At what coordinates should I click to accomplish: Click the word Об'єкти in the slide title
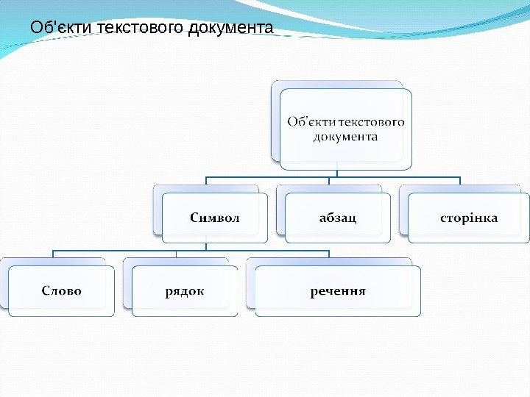pyautogui.click(x=56, y=29)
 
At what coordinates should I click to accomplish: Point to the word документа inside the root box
pyautogui.click(x=345, y=137)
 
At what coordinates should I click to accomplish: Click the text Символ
pyautogui.click(x=215, y=218)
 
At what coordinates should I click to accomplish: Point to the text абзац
pyautogui.click(x=338, y=218)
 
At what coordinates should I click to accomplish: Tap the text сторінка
pyautogui.click(x=469, y=218)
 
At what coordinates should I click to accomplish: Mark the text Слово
pyautogui.click(x=62, y=290)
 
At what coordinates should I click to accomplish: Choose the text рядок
pyautogui.click(x=185, y=291)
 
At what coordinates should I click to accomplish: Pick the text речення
pyautogui.click(x=338, y=290)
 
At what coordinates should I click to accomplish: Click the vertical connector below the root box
pyautogui.click(x=336, y=174)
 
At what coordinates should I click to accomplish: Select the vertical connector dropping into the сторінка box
pyautogui.click(x=459, y=181)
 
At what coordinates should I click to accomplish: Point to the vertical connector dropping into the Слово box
pyautogui.click(x=53, y=254)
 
